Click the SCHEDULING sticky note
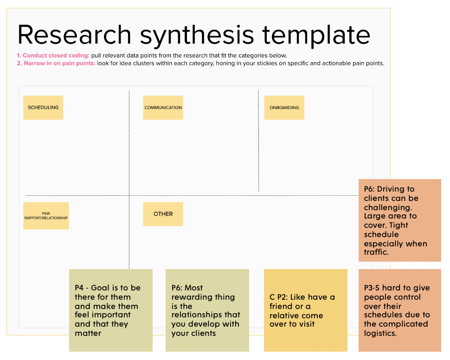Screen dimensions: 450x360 tap(43, 107)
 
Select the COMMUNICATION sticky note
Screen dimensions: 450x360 tap(163, 107)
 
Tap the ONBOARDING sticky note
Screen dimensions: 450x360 tap(284, 107)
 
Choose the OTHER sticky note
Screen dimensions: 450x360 tap(163, 214)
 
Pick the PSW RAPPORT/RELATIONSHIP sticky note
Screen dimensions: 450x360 tap(46, 216)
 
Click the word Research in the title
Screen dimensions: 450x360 tap(74, 35)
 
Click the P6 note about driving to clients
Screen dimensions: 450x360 tap(400, 220)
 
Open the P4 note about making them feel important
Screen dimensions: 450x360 tap(111, 310)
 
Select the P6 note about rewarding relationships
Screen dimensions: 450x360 tap(207, 310)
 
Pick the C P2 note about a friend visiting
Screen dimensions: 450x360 tap(306, 310)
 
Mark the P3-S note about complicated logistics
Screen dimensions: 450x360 tap(400, 310)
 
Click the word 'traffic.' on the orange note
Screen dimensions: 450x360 tap(376, 252)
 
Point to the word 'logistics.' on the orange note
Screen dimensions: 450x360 tap(380, 333)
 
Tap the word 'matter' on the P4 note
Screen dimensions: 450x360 tap(88, 333)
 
